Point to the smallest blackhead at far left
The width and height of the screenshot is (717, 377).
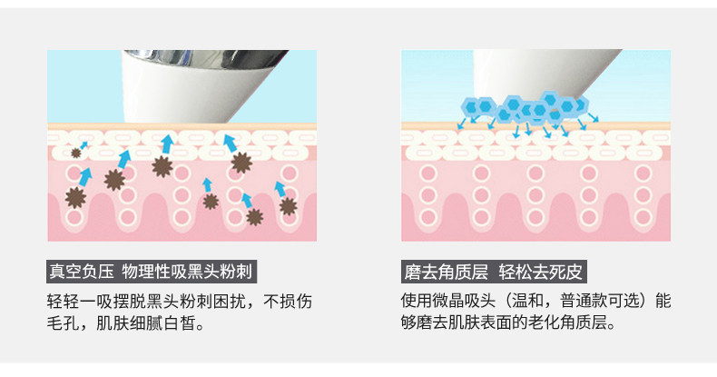(x=76, y=153)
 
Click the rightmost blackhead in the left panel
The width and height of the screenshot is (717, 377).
(x=289, y=206)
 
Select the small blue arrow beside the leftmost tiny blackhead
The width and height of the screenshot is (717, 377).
(x=83, y=144)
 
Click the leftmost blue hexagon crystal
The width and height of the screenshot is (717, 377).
(x=472, y=105)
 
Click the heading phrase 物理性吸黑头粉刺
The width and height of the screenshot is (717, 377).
(x=192, y=272)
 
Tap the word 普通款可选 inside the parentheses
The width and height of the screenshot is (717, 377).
(x=594, y=300)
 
